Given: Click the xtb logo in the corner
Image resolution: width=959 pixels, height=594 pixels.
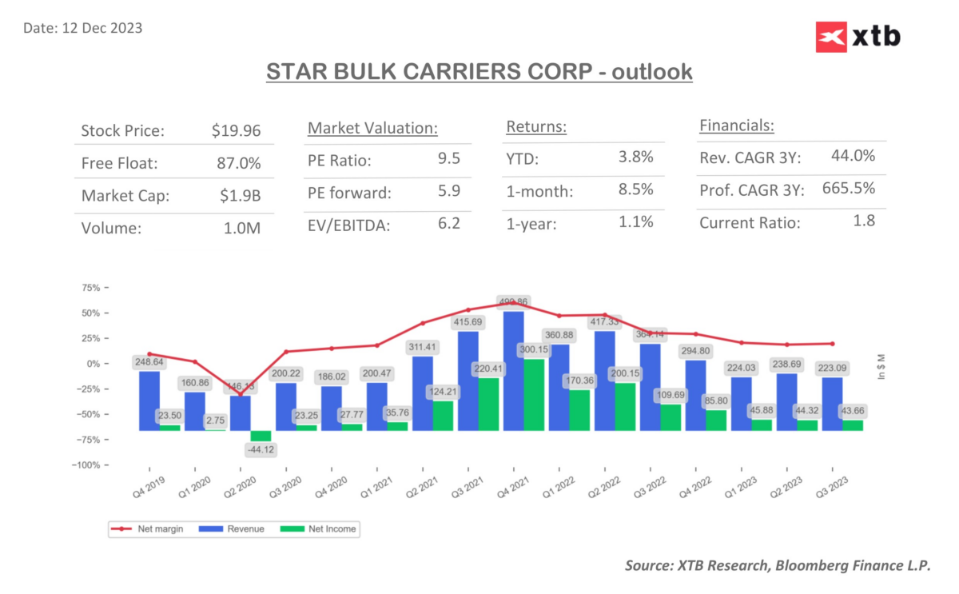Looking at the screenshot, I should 858,36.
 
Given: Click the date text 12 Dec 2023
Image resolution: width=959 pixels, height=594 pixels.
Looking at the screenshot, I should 83,28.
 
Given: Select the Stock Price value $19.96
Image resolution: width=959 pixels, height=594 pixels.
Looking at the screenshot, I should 236,130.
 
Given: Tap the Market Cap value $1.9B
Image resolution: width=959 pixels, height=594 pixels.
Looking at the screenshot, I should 239,195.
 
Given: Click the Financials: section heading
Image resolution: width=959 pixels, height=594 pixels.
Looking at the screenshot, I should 737,126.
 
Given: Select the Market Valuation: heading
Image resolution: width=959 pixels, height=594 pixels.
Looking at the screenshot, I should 372,128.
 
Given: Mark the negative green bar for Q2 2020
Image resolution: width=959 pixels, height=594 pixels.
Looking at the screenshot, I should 261,436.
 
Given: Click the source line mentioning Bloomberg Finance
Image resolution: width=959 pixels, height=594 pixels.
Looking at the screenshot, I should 777,566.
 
